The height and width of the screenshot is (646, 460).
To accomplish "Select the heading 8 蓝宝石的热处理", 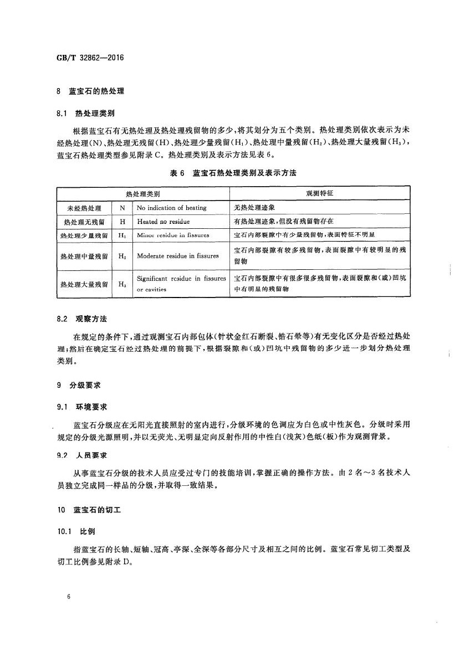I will pyautogui.click(x=90, y=91).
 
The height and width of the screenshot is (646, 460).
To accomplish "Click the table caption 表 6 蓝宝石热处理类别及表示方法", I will pyautogui.click(x=233, y=173).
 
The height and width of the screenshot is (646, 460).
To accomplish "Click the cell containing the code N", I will pyautogui.click(x=122, y=208).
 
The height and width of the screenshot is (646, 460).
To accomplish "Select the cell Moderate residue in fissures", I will pyautogui.click(x=177, y=256).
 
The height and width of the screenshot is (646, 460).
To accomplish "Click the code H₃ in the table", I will pyautogui.click(x=122, y=284).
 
